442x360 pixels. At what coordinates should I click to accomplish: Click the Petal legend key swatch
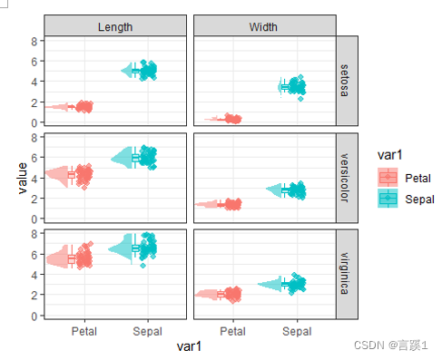pos(388,177)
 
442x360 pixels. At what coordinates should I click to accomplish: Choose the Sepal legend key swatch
pos(388,199)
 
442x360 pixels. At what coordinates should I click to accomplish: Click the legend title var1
pos(389,155)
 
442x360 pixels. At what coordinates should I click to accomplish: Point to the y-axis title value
pos(23,178)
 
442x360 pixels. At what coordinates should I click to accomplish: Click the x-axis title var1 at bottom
pos(189,346)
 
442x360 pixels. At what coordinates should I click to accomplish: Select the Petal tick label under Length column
pos(84,331)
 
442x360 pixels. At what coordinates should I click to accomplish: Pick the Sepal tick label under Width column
pos(297,331)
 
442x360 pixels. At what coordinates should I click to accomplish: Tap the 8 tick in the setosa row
pos(34,41)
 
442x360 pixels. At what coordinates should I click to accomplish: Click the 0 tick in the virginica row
pos(34,316)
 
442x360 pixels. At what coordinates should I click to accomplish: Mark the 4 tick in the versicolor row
pos(34,179)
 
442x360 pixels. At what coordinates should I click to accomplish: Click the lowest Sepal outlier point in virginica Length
pos(142,266)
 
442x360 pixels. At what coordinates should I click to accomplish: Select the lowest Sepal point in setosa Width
pos(300,99)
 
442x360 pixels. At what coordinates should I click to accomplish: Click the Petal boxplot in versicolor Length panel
pos(72,175)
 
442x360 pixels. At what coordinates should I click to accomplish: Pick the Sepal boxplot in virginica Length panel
pos(135,248)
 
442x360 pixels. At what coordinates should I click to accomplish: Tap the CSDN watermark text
pos(390,345)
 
